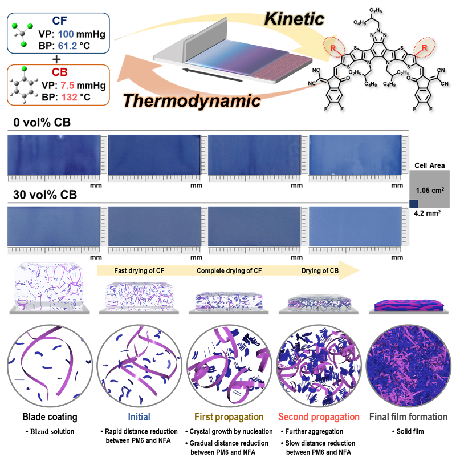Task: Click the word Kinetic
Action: click(x=294, y=19)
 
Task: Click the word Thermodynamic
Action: click(x=192, y=101)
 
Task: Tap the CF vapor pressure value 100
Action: click(x=66, y=34)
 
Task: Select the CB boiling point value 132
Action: click(x=69, y=97)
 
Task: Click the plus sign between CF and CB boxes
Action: click(x=56, y=59)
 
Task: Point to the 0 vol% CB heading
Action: click(x=42, y=122)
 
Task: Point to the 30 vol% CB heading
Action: click(x=45, y=195)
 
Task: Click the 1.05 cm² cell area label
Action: click(x=430, y=190)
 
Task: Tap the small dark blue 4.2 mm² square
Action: click(x=414, y=204)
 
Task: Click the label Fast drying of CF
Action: click(x=139, y=271)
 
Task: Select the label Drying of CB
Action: click(x=320, y=271)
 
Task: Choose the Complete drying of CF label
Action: click(x=229, y=271)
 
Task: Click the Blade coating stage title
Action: click(x=50, y=417)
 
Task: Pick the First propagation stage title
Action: click(x=229, y=417)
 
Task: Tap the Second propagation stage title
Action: click(x=319, y=417)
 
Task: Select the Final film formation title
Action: click(x=408, y=417)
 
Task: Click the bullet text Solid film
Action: click(x=410, y=431)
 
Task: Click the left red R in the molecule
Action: click(x=333, y=48)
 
